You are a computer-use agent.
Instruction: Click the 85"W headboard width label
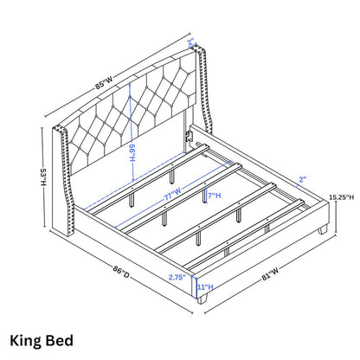[x=104, y=82]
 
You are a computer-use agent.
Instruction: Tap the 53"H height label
[x=43, y=177]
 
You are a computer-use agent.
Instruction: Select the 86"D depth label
[x=121, y=273]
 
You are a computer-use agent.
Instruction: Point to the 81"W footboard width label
[x=270, y=273]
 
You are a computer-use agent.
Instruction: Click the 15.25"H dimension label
[x=341, y=197]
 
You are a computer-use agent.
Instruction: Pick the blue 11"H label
[x=205, y=287]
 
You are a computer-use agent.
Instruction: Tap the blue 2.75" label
[x=177, y=277]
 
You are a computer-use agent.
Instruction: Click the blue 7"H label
[x=215, y=196]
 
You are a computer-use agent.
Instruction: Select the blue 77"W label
[x=172, y=194]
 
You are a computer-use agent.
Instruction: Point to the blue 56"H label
[x=132, y=152]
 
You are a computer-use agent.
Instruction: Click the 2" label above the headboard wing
[x=191, y=42]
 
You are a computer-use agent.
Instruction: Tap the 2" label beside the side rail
[x=302, y=180]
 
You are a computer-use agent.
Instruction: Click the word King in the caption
[x=26, y=341]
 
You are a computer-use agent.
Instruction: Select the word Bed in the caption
[x=60, y=340]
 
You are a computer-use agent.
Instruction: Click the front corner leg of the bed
[x=202, y=299]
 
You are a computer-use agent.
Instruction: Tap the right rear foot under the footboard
[x=322, y=229]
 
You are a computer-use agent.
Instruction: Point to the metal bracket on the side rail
[x=189, y=136]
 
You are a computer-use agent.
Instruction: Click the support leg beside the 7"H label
[x=204, y=196]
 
